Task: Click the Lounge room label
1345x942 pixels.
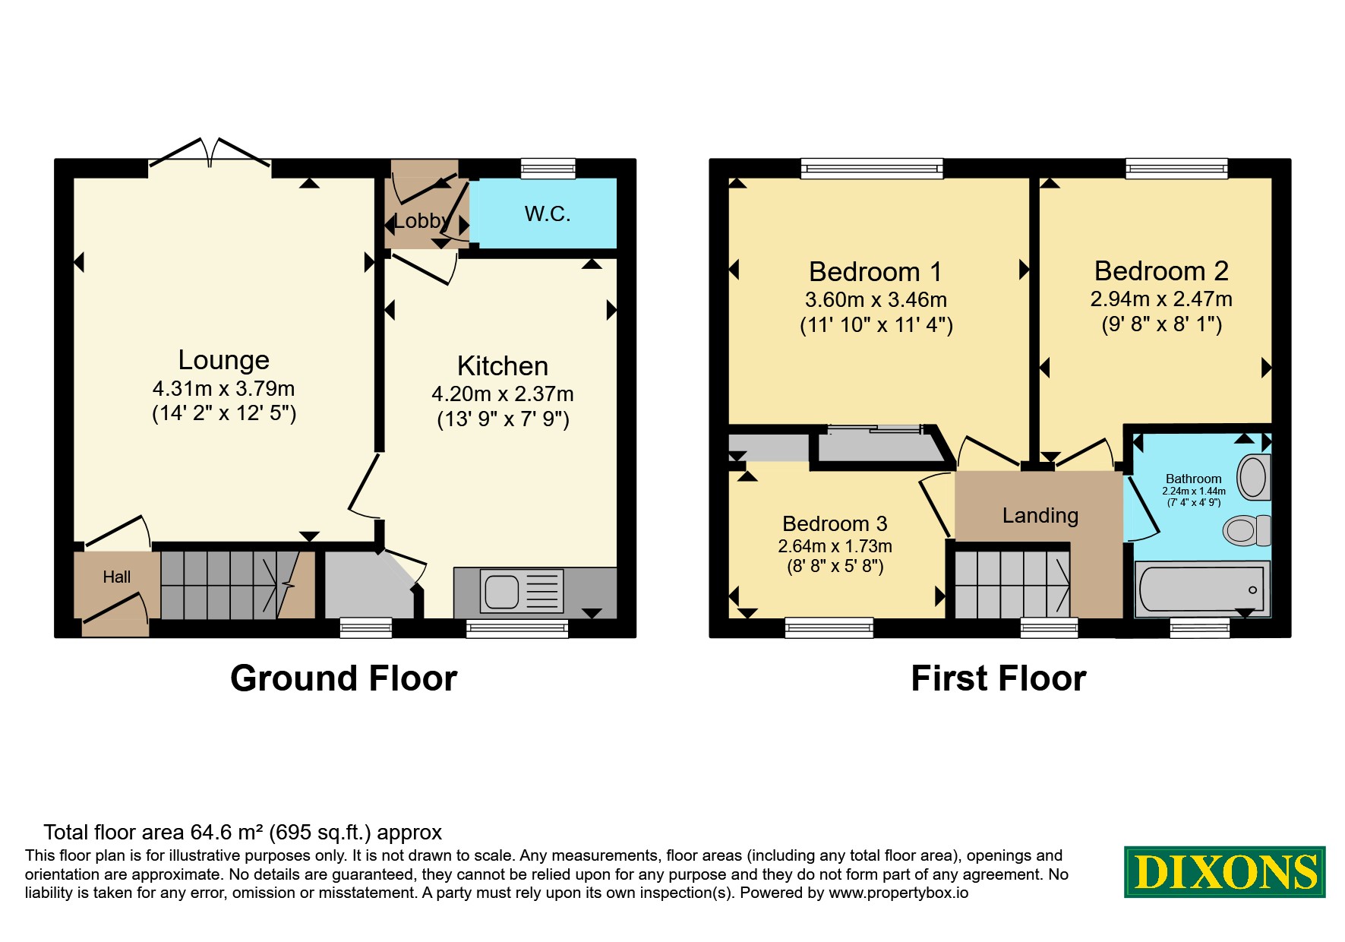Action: click(224, 360)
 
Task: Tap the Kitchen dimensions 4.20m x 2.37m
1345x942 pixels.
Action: click(503, 394)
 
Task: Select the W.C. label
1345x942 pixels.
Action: click(548, 214)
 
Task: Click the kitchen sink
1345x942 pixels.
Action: click(522, 591)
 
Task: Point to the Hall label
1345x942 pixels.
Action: click(117, 577)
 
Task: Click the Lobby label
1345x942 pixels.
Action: click(421, 221)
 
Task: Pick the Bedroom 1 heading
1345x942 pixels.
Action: click(876, 272)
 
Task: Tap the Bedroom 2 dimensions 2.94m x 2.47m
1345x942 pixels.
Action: click(1161, 299)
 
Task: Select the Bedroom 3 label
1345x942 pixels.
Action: click(835, 524)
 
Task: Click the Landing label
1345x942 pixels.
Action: click(1040, 516)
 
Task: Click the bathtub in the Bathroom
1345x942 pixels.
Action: click(1201, 589)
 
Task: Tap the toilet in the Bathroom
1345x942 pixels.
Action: click(1246, 530)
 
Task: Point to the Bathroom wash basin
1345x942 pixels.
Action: click(1254, 477)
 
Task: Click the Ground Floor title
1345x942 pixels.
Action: click(344, 678)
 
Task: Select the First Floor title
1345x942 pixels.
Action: click(999, 678)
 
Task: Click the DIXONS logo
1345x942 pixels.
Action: click(1225, 872)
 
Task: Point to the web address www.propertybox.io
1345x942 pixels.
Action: click(898, 893)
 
